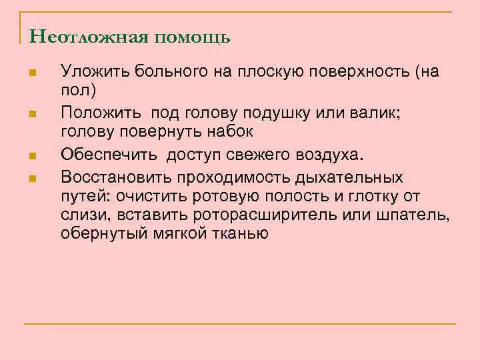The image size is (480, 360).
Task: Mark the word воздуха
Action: (330, 155)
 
